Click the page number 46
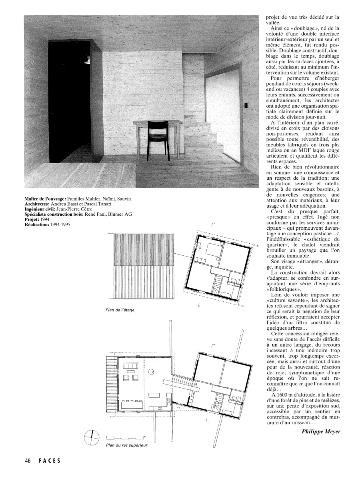(x=28, y=461)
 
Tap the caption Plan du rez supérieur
(x=125, y=445)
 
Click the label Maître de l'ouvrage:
(x=45, y=199)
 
